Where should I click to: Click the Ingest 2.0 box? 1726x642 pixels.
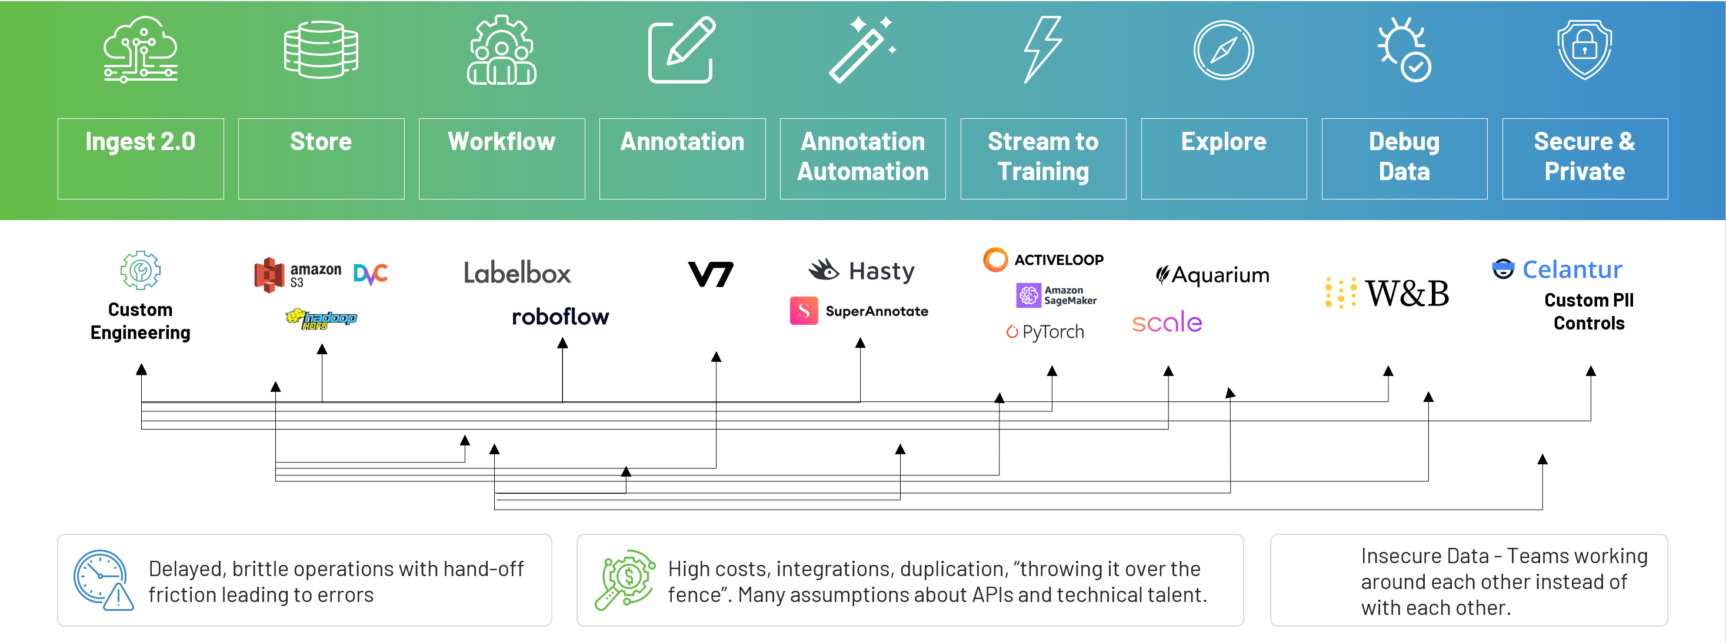tap(140, 158)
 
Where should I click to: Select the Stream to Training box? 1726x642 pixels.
tap(1042, 158)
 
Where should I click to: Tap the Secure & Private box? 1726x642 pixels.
tap(1584, 158)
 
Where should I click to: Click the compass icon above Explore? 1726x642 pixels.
tap(1223, 50)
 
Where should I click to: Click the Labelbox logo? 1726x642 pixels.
tap(517, 273)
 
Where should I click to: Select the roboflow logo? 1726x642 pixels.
tap(560, 317)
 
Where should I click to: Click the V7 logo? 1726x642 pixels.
tap(711, 274)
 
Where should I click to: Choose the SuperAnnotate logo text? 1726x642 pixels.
tap(876, 311)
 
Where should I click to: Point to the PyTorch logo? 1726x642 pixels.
tap(1045, 332)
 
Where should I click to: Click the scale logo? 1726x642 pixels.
tap(1167, 322)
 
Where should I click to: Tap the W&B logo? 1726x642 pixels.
tap(1387, 293)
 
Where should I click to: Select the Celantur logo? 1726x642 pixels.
tap(1557, 270)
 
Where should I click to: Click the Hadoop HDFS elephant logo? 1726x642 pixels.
tap(321, 318)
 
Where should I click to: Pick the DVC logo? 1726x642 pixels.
tap(371, 274)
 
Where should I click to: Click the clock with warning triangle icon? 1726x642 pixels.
tap(102, 580)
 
